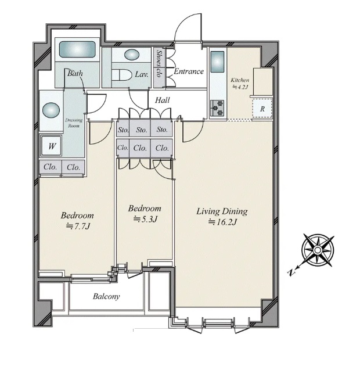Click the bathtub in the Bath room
click(x=77, y=49)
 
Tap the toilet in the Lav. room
click(x=122, y=75)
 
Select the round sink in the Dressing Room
click(x=51, y=110)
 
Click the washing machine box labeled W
click(x=52, y=146)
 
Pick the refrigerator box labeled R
click(x=262, y=109)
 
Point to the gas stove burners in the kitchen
click(x=217, y=108)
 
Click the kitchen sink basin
click(x=217, y=62)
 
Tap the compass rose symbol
click(x=318, y=250)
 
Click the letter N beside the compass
click(x=291, y=272)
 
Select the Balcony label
click(x=106, y=296)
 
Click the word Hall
click(x=163, y=100)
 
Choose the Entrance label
click(x=189, y=71)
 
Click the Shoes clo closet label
click(x=159, y=64)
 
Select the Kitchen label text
click(x=240, y=80)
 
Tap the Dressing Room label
click(x=74, y=123)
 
